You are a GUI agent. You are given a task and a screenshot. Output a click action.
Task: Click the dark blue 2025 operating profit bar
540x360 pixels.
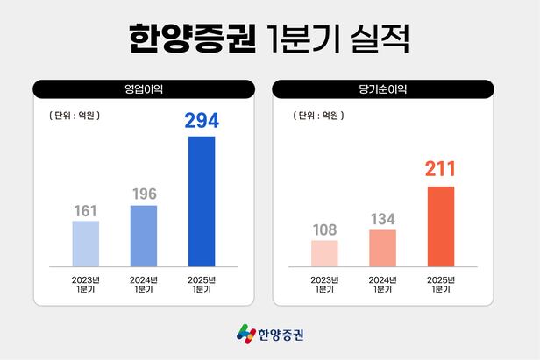202,201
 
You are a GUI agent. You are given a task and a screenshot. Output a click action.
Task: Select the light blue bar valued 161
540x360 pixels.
85,243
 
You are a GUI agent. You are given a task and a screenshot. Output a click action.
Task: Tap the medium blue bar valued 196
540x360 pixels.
144,235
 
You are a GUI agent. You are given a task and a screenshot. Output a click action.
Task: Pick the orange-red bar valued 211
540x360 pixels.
441,225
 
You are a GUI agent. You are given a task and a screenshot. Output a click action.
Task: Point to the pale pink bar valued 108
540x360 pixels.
324,252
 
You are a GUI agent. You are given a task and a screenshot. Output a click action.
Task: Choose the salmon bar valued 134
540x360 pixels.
382,247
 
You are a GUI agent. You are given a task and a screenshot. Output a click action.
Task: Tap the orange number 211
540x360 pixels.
441,169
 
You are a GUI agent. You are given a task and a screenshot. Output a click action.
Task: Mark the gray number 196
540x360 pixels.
144,193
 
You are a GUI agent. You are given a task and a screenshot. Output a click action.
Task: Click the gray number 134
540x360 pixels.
382,218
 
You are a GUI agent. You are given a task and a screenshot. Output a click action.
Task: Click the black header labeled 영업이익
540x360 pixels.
144,88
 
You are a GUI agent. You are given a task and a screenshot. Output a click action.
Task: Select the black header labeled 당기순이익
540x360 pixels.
383,88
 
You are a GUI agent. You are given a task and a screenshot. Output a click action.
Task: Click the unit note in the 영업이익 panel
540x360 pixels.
69,114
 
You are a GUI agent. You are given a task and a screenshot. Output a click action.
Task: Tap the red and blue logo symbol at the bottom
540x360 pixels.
246,334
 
